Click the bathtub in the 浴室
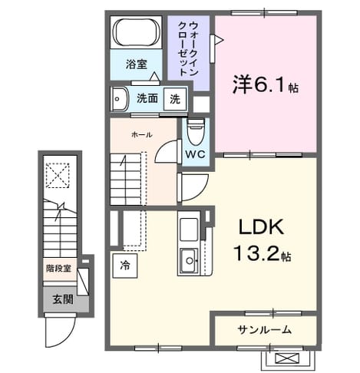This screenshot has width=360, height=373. [136, 32]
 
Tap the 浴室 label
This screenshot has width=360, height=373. [137, 64]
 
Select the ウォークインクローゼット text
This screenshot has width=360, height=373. [188, 48]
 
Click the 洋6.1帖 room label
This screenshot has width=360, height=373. [266, 84]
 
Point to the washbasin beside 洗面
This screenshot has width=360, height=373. [119, 99]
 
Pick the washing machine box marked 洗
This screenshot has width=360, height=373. [175, 99]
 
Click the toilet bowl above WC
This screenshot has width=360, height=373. [196, 132]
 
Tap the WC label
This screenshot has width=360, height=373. [195, 154]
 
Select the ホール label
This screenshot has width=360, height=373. [142, 134]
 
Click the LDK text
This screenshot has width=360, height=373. [261, 226]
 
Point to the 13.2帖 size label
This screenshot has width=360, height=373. [262, 253]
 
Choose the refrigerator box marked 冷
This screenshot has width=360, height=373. [125, 266]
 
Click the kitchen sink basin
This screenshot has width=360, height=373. [189, 261]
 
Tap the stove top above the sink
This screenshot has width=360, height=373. [189, 229]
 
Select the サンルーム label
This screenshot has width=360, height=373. [265, 330]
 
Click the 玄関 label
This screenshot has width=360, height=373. [63, 299]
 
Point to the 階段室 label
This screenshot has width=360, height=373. [58, 269]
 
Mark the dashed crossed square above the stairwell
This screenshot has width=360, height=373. [58, 175]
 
